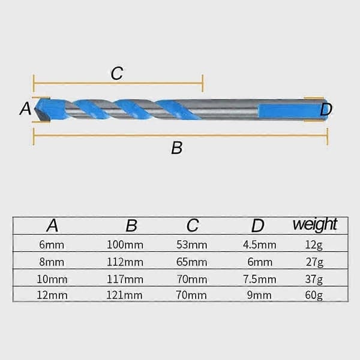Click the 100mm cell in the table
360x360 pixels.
point(125,245)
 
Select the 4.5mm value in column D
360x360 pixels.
point(260,245)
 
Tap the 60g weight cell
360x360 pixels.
point(314,295)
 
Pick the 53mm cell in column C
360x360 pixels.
point(192,245)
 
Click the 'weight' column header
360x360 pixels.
point(315,225)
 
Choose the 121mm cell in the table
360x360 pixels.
point(124,295)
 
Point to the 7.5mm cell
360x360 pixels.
point(260,280)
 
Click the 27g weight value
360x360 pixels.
point(314,262)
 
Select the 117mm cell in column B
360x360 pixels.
point(125,280)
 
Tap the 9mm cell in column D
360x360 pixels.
point(259,295)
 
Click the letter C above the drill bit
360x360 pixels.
point(117,73)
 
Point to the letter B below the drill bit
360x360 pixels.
point(177,148)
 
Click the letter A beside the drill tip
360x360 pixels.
point(25,109)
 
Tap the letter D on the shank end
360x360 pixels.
point(326,110)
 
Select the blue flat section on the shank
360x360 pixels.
point(292,112)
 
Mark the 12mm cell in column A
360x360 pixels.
point(52,295)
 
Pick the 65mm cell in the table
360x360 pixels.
point(192,262)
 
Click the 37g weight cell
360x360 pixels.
point(314,280)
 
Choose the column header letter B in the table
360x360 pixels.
point(131,226)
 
